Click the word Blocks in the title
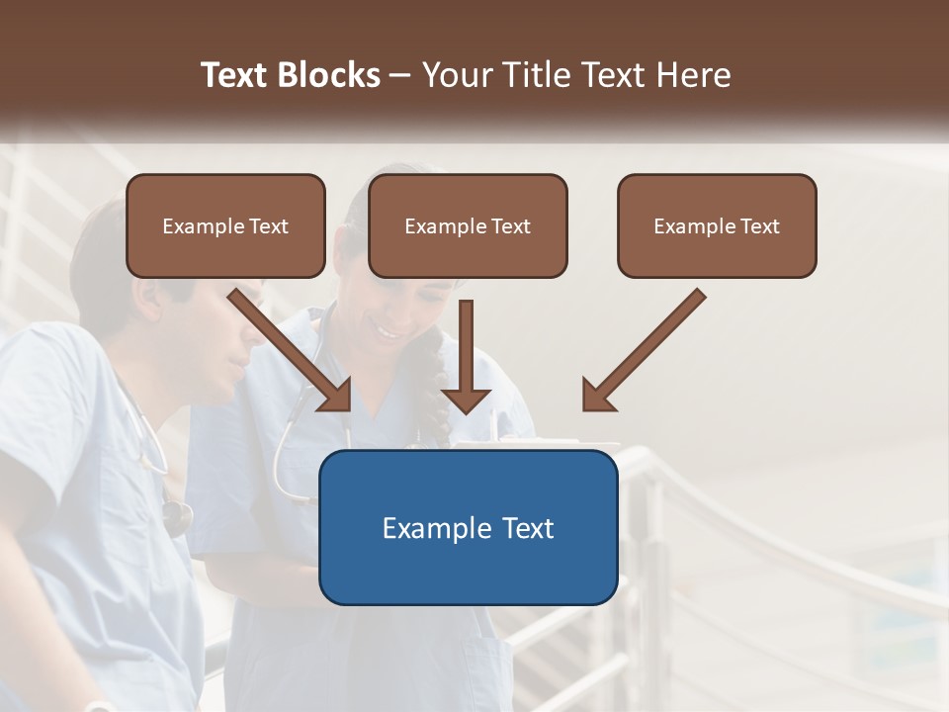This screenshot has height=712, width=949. (x=330, y=75)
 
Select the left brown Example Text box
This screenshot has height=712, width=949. (x=225, y=225)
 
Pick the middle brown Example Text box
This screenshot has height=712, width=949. (x=468, y=225)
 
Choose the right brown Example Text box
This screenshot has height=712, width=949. (x=717, y=225)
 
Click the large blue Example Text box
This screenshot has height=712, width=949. (x=468, y=527)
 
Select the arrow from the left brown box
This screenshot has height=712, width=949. (x=291, y=350)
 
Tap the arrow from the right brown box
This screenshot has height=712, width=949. (x=643, y=350)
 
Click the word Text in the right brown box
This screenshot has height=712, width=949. (x=760, y=226)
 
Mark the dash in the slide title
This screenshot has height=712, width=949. (x=400, y=76)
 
